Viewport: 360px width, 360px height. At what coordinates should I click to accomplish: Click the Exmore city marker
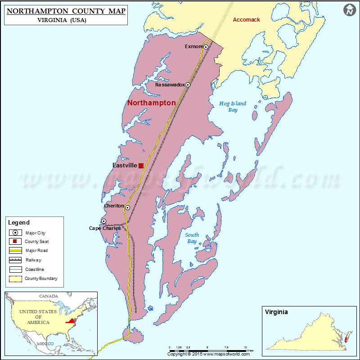pyautogui.click(x=206, y=47)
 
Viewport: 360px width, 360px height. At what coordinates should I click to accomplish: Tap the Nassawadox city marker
pyautogui.click(x=188, y=85)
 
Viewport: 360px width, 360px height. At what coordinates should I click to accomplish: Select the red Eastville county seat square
pyautogui.click(x=141, y=166)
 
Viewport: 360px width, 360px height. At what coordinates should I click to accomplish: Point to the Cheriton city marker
pyautogui.click(x=127, y=207)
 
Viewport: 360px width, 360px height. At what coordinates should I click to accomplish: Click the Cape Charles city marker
pyautogui.click(x=103, y=221)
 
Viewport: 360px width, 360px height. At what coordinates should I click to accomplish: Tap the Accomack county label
pyautogui.click(x=246, y=20)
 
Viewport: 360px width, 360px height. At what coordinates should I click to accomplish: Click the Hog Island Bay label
pyautogui.click(x=232, y=107)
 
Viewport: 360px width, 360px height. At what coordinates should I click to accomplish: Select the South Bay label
pyautogui.click(x=192, y=238)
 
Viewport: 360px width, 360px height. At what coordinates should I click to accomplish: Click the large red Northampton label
pyautogui.click(x=152, y=103)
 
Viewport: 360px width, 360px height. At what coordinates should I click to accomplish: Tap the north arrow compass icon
pyautogui.click(x=349, y=10)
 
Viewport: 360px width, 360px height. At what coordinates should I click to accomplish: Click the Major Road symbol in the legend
pyautogui.click(x=16, y=250)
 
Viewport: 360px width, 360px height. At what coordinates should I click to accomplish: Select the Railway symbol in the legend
pyautogui.click(x=16, y=260)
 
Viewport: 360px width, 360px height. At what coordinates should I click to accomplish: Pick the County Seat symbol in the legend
pyautogui.click(x=16, y=242)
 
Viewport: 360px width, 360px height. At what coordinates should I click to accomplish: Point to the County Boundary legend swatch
pyautogui.click(x=16, y=279)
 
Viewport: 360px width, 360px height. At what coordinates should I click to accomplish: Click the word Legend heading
pyautogui.click(x=18, y=222)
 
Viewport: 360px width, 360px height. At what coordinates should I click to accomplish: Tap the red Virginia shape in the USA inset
pyautogui.click(x=70, y=321)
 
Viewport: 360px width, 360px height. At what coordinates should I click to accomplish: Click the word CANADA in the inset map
pyautogui.click(x=48, y=296)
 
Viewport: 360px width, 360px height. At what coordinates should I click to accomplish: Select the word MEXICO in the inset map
pyautogui.click(x=45, y=343)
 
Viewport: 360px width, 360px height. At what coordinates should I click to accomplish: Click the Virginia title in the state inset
pyautogui.click(x=276, y=312)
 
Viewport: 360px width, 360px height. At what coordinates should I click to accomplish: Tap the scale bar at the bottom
pyautogui.click(x=207, y=350)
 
